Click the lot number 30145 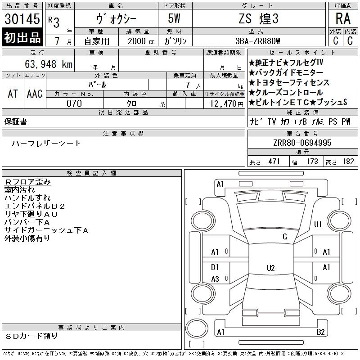click(x=22, y=19)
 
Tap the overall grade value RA click(x=343, y=18)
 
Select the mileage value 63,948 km click(x=49, y=64)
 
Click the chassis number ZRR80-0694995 click(x=302, y=143)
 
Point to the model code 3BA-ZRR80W click(x=257, y=41)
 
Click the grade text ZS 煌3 click(x=258, y=18)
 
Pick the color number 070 click(x=74, y=103)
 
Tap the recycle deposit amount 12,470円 click(x=226, y=104)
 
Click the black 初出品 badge click(x=22, y=37)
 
